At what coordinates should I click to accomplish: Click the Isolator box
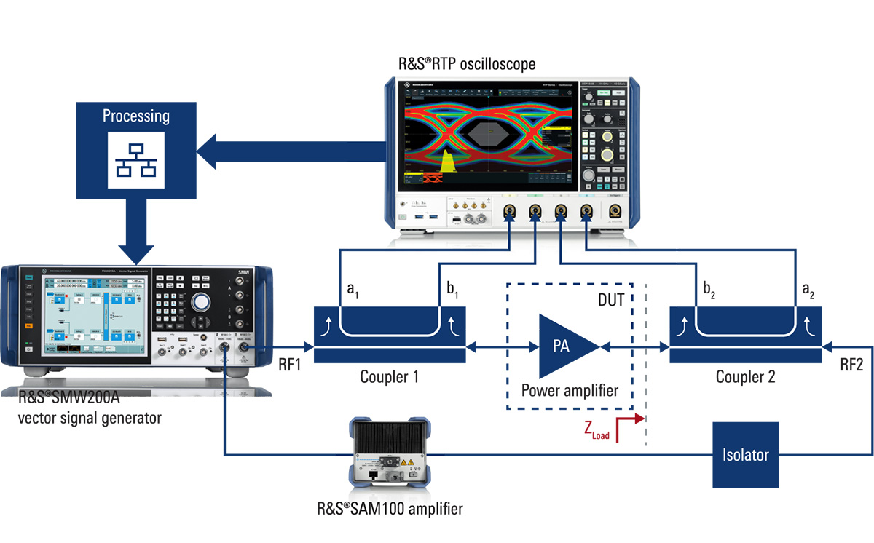pyautogui.click(x=746, y=455)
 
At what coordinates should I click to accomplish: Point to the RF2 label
pyautogui.click(x=851, y=366)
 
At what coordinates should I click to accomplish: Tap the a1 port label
pyautogui.click(x=352, y=293)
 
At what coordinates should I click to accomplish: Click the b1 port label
pyautogui.click(x=452, y=293)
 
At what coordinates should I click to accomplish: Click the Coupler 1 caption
pyautogui.click(x=390, y=378)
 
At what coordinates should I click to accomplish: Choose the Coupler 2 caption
pyautogui.click(x=745, y=378)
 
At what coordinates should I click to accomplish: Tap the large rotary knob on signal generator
pyautogui.click(x=200, y=304)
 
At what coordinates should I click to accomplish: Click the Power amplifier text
pyautogui.click(x=569, y=390)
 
